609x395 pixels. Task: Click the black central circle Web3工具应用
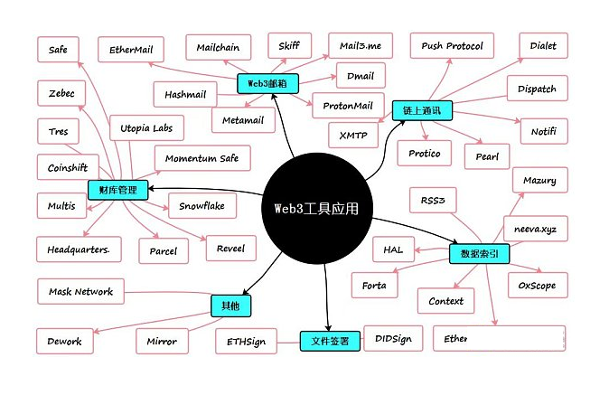pyautogui.click(x=317, y=208)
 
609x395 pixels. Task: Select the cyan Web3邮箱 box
pyautogui.click(x=267, y=83)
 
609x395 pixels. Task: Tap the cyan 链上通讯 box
pyautogui.click(x=422, y=110)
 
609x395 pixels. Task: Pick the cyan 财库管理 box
pyautogui.click(x=117, y=190)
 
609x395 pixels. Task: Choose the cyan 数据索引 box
pyautogui.click(x=479, y=254)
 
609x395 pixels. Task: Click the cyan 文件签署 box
pyautogui.click(x=330, y=341)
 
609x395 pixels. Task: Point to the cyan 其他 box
pyautogui.click(x=230, y=306)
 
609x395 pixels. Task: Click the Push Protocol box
pyautogui.click(x=452, y=46)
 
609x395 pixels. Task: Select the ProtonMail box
pyautogui.click(x=348, y=105)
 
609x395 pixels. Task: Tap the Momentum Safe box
pyautogui.click(x=202, y=158)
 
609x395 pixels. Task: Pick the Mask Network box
pyautogui.click(x=80, y=291)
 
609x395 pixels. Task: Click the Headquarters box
pyautogui.click(x=79, y=249)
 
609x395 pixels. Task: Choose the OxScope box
pyautogui.click(x=538, y=286)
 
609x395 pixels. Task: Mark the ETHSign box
pyautogui.click(x=247, y=342)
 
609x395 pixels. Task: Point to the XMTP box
pyautogui.click(x=353, y=136)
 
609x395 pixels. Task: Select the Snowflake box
pyautogui.click(x=202, y=206)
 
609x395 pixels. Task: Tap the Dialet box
pyautogui.click(x=543, y=46)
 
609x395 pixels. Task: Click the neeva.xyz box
pyautogui.click(x=535, y=230)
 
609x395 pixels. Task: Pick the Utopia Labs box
pyautogui.click(x=146, y=127)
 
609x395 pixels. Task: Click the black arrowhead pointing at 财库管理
pyautogui.click(x=152, y=188)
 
